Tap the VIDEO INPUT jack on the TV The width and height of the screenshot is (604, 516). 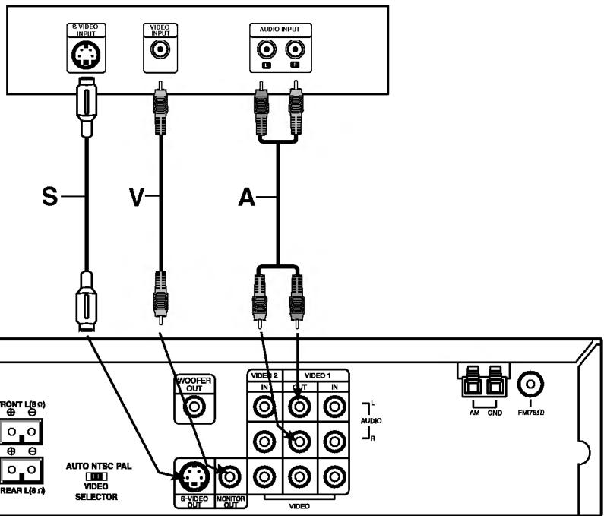click(160, 51)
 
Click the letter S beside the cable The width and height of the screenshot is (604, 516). click(50, 196)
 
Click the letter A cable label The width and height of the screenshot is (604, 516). click(247, 197)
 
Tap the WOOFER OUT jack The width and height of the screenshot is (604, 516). click(194, 407)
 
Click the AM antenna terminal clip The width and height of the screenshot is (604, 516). click(472, 383)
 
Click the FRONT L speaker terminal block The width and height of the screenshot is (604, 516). click(21, 432)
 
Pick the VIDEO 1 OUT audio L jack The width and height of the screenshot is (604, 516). click(299, 407)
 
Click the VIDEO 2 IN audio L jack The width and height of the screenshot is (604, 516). click(266, 407)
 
